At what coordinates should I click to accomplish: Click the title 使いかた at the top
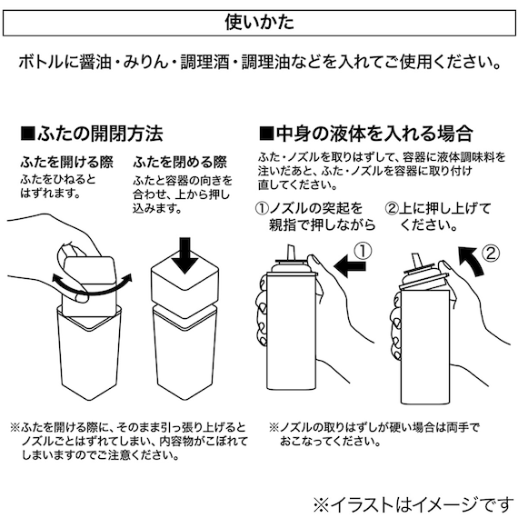tap(258, 20)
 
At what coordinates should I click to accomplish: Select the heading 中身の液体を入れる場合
tap(374, 134)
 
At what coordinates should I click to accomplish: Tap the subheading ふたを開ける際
tap(61, 162)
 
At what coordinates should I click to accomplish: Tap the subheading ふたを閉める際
tap(179, 162)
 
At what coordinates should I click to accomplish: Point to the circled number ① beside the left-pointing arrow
tap(361, 248)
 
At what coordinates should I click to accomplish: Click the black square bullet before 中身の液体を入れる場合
tap(266, 134)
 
